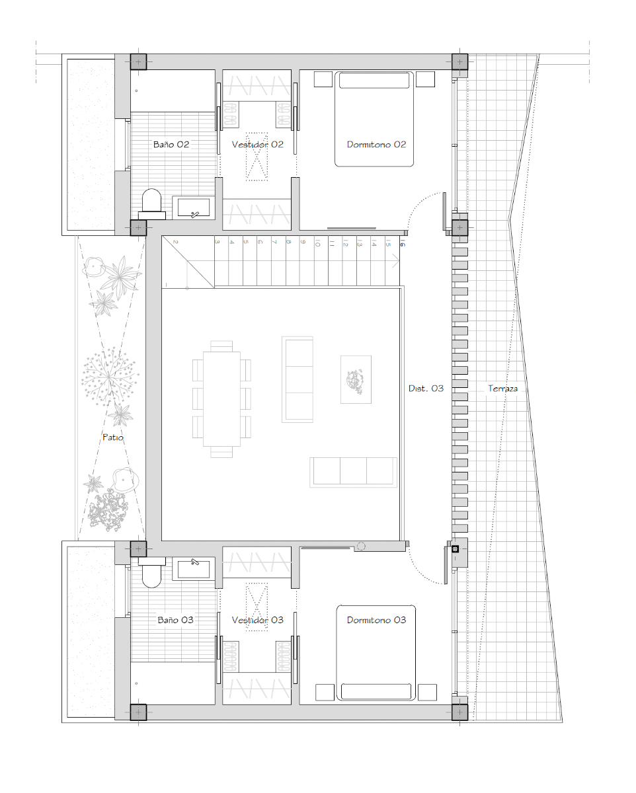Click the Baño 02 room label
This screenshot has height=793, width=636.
pos(171,145)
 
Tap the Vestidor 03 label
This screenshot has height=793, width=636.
pos(257,620)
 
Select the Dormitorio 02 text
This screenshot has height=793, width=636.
pos(376,145)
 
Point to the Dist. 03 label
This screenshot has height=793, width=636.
pos(426,389)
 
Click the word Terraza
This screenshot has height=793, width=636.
pos(502,389)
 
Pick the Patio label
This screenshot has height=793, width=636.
pos(113,437)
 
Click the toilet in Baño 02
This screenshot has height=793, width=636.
pos(151,204)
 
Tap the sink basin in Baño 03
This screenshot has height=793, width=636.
pos(194,569)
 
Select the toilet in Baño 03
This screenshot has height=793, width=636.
pos(151,572)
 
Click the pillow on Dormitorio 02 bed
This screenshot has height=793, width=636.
pos(374,81)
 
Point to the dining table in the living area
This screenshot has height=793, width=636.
pos(221,399)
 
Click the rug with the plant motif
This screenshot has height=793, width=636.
pos(356,379)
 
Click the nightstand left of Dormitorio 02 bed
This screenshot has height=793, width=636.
pos(323,79)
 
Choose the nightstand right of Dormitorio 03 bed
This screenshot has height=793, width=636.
pos(427,692)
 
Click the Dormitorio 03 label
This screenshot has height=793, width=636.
pos(376,620)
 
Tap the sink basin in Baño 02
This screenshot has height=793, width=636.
pos(194,208)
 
